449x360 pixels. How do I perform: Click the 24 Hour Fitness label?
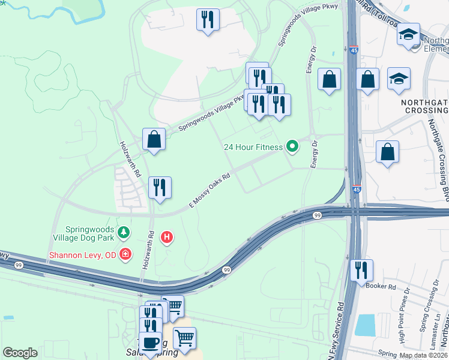(x=253, y=147)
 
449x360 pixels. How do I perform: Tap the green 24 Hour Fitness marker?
(x=292, y=146)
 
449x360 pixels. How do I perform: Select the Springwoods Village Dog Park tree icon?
(x=124, y=232)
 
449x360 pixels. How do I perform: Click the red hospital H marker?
(x=167, y=238)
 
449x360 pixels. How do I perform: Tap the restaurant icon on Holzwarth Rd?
(x=160, y=188)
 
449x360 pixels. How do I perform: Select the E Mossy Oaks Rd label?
(x=210, y=191)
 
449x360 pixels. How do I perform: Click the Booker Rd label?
(x=381, y=286)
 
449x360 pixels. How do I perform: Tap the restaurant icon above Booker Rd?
(x=361, y=271)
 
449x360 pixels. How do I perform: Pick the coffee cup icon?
(x=150, y=343)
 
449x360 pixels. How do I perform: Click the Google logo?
(x=20, y=353)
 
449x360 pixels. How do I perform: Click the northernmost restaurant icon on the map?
(x=208, y=19)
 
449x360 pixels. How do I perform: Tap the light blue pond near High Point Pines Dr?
(x=365, y=325)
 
